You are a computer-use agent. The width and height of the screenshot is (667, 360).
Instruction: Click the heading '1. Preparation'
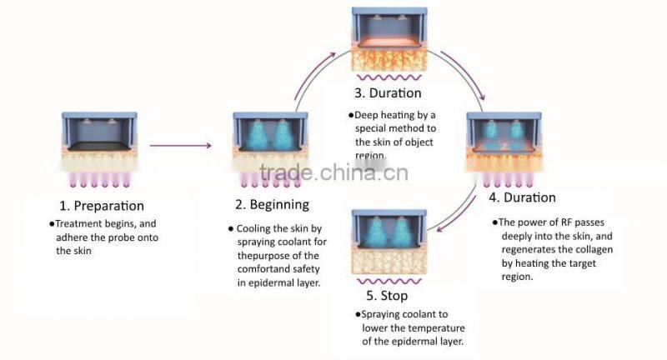click(x=102, y=205)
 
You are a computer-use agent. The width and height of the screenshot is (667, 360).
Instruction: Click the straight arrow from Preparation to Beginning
click(x=180, y=146)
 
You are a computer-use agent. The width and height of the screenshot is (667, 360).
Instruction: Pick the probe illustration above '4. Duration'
click(x=504, y=142)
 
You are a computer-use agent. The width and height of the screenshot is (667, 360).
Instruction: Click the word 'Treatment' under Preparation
click(x=80, y=223)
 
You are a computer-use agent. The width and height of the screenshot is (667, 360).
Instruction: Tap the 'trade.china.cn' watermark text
click(x=333, y=172)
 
